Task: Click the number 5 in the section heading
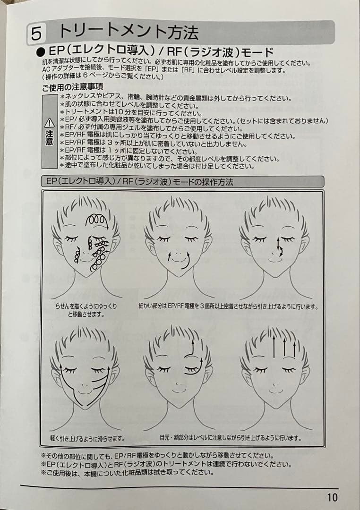click(x=36, y=34)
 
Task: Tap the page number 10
click(x=332, y=497)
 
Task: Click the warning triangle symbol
click(x=49, y=123)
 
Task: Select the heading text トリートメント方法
click(x=128, y=32)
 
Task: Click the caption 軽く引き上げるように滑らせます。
click(x=87, y=438)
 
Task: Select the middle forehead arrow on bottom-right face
click(x=285, y=347)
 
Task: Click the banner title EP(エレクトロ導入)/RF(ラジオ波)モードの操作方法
click(x=139, y=181)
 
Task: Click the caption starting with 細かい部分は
click(x=228, y=306)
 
